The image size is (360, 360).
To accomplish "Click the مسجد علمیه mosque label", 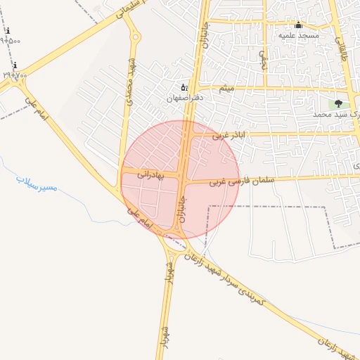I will [299, 35].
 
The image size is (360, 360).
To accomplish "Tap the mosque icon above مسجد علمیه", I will [298, 25].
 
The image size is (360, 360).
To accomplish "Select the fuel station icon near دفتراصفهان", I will [184, 87].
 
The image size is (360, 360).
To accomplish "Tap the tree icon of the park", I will [338, 103].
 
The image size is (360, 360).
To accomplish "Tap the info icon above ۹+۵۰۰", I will [7, 31].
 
